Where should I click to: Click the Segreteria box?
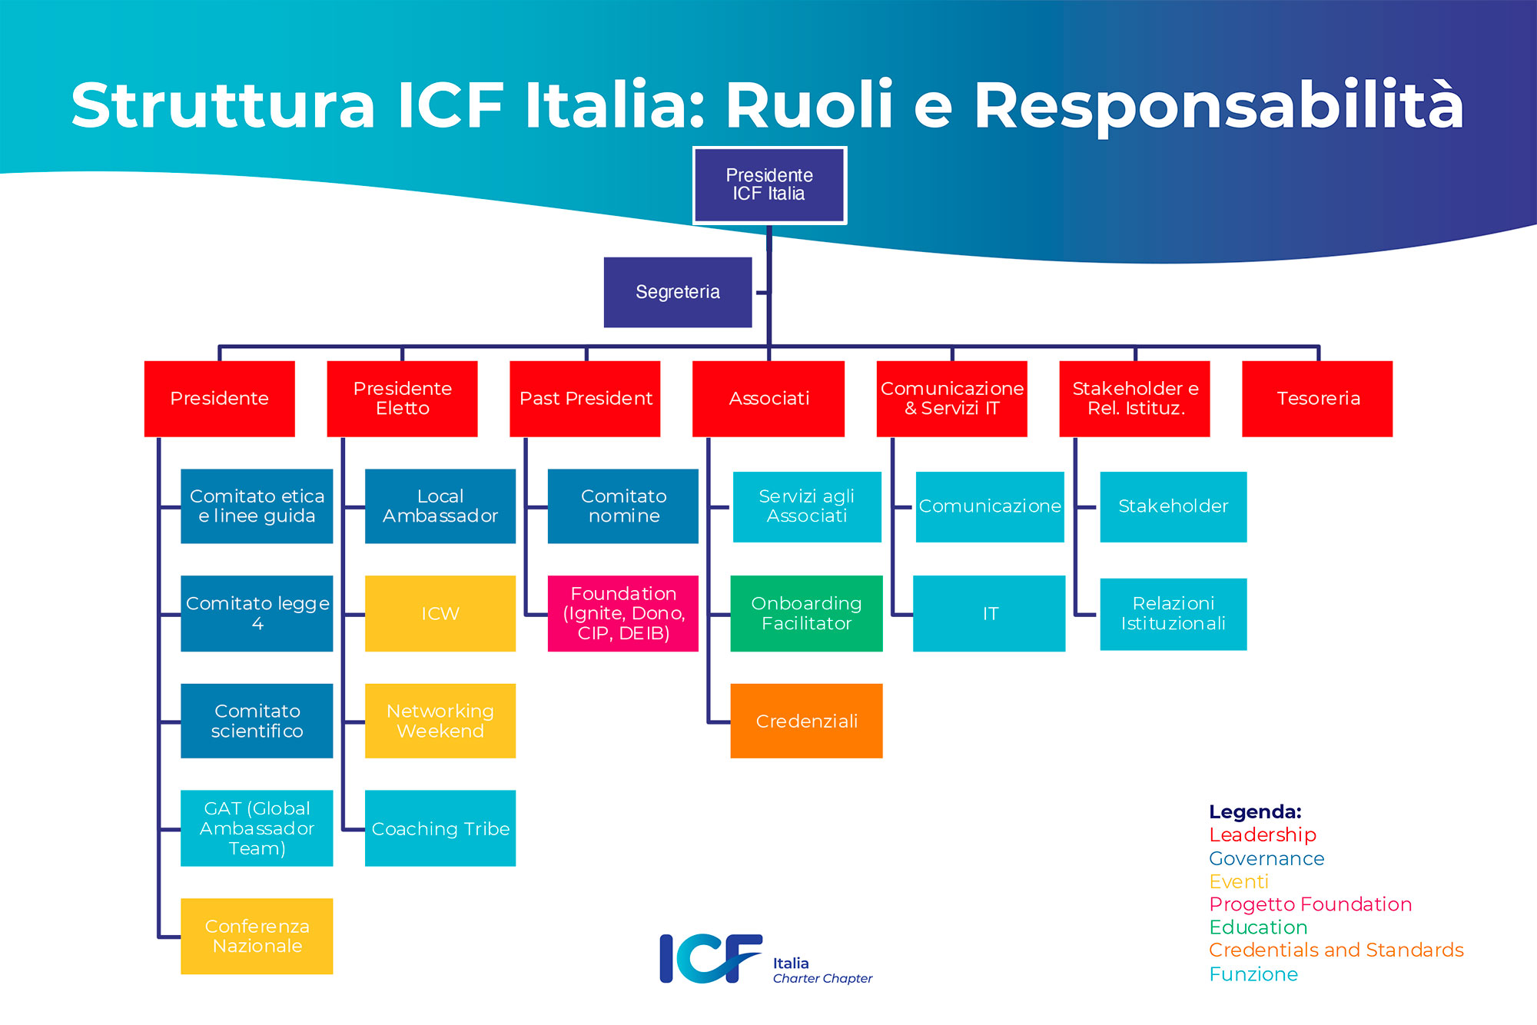click(677, 292)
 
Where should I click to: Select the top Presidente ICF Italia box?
click(769, 185)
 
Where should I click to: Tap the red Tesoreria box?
click(1317, 399)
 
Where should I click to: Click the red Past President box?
click(585, 399)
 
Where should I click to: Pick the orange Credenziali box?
click(806, 721)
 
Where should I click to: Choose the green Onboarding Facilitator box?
click(806, 613)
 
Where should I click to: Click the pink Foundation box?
click(622, 613)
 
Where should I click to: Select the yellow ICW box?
click(440, 613)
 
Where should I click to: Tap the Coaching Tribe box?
click(440, 828)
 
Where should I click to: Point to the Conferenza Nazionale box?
click(257, 936)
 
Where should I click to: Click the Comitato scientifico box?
click(257, 721)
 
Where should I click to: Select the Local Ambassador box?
click(440, 506)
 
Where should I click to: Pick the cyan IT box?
click(989, 613)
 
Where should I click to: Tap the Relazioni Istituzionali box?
click(1173, 614)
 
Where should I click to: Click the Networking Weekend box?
click(440, 721)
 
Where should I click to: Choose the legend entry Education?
click(1258, 927)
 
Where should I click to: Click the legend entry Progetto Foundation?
click(1310, 904)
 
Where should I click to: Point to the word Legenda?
click(1254, 811)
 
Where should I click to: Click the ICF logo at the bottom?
click(711, 958)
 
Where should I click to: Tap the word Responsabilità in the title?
click(1219, 105)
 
